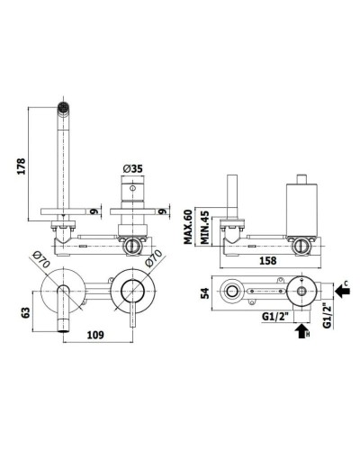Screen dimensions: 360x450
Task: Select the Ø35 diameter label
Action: point(132,169)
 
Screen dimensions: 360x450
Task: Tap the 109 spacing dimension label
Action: point(95,335)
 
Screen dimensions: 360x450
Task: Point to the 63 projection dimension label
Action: point(26,313)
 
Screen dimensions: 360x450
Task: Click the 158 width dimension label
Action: point(267,260)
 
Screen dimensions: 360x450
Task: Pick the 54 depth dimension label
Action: point(205,293)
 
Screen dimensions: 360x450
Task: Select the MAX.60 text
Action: point(188,227)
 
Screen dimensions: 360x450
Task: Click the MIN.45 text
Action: point(205,227)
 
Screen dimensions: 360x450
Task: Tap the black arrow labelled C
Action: point(342,291)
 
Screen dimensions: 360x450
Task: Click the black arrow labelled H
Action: point(302,331)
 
